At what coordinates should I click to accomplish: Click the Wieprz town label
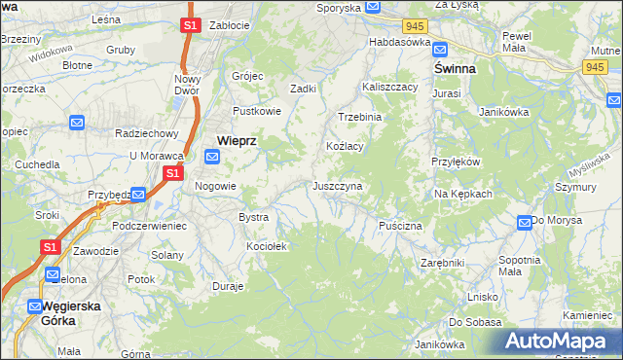237,140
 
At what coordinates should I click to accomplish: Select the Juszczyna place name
338,185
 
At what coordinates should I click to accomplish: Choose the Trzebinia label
359,116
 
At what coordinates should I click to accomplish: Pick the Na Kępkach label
463,194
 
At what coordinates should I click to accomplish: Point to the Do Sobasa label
468,321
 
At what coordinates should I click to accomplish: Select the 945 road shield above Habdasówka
416,24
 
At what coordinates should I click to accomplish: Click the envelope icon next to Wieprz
212,156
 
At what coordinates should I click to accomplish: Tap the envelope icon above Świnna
439,50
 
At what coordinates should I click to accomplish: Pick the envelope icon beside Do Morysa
525,223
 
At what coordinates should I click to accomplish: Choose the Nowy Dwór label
186,86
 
